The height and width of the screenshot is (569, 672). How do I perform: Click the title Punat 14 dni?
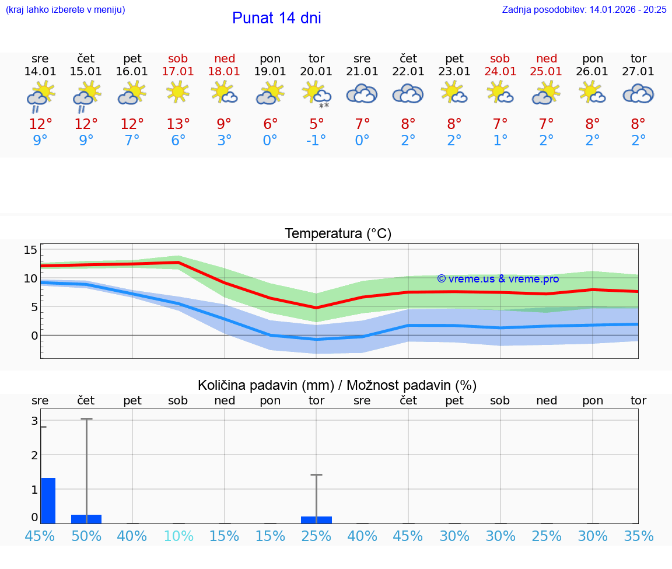(x=276, y=18)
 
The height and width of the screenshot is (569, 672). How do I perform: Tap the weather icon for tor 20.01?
(x=316, y=94)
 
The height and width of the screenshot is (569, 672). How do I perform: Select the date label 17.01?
(x=178, y=71)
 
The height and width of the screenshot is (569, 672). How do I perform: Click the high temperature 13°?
(x=178, y=124)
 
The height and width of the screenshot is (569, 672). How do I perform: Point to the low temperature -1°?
(x=316, y=141)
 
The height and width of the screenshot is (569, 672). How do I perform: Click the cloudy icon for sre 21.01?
(x=362, y=94)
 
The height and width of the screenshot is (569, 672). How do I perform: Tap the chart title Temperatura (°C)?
(x=338, y=234)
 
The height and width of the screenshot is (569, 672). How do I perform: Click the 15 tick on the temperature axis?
(x=30, y=250)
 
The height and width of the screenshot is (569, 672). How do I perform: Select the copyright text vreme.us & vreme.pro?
(x=498, y=279)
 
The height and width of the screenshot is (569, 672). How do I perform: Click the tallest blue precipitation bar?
(x=48, y=501)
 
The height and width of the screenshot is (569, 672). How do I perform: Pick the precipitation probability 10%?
(x=178, y=536)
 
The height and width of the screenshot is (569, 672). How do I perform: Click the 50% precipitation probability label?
(x=86, y=536)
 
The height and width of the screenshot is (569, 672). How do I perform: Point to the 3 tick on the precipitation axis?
(x=34, y=421)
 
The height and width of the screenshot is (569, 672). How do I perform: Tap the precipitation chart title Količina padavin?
(x=337, y=385)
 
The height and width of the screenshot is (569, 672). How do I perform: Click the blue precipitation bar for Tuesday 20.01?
(x=316, y=519)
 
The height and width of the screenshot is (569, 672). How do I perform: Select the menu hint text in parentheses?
(x=65, y=9)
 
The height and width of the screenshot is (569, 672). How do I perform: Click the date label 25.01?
(x=547, y=71)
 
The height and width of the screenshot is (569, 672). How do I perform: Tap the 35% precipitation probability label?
(x=638, y=536)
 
